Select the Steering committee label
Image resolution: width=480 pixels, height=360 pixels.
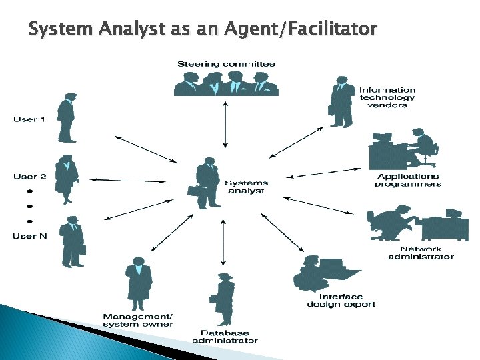click(226, 64)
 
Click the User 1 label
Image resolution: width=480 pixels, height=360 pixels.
click(29, 119)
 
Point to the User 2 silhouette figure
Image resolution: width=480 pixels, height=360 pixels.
click(66, 179)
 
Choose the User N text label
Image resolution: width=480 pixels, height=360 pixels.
click(29, 235)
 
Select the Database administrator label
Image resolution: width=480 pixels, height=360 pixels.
click(225, 337)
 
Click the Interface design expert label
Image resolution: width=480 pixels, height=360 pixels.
click(341, 301)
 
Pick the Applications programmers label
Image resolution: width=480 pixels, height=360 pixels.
click(408, 180)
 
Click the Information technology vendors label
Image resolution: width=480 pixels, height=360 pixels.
click(387, 97)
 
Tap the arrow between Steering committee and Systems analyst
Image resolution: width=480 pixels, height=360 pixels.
click(225, 124)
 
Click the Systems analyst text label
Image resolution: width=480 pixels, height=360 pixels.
click(246, 187)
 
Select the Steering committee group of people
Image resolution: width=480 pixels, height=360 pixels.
click(226, 83)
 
